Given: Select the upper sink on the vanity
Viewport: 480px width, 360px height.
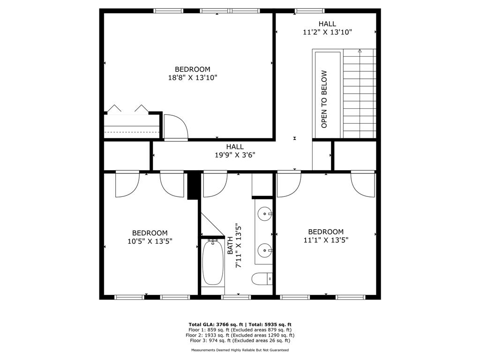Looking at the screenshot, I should coord(266,214).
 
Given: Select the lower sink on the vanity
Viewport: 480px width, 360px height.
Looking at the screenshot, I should coord(266,250).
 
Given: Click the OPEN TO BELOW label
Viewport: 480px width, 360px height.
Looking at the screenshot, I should coord(324,99).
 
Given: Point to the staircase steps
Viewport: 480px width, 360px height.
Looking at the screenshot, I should coord(360,94).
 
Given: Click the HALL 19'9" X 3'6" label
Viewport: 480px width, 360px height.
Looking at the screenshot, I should coord(235,150).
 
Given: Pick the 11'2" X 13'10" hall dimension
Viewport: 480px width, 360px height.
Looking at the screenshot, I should coord(327,32).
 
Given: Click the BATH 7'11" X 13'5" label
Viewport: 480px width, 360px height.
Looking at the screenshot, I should coord(234,245).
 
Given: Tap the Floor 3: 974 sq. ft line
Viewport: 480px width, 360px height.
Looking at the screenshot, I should coord(240,341).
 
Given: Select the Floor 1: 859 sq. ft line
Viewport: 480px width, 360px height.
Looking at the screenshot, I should coord(240,330).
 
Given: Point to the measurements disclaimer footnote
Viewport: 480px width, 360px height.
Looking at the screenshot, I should coord(240,350).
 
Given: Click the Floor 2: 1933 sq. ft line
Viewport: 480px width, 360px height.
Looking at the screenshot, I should coord(240,335).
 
